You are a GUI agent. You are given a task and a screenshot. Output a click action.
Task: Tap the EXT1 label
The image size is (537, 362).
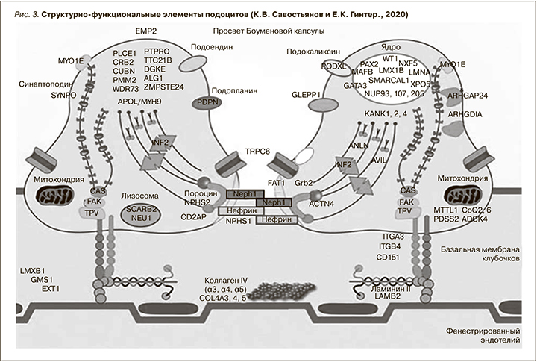50,287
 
